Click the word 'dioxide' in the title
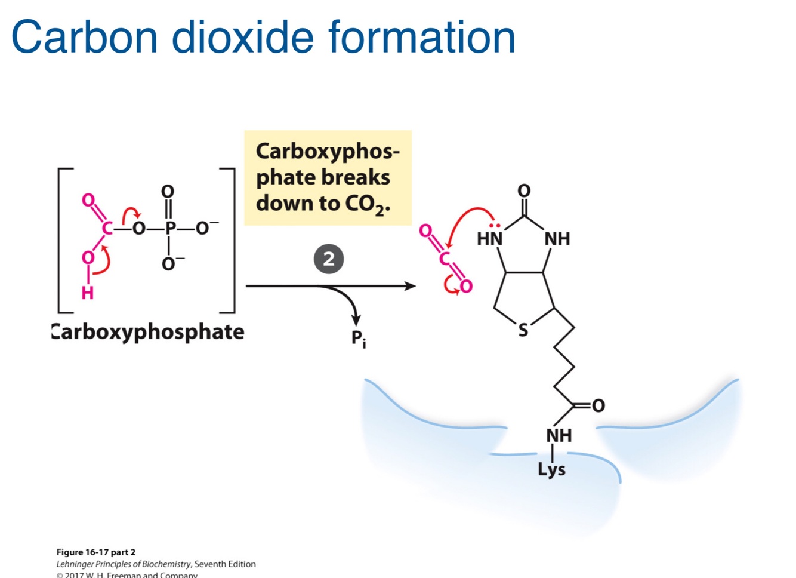coord(242,37)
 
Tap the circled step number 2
coord(329,259)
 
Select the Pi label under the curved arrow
coord(358,339)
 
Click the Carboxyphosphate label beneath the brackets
coord(148,332)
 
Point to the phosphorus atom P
coord(170,228)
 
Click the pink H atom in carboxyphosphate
coord(88,293)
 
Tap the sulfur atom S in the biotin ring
coord(523,330)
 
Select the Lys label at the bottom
coord(551,469)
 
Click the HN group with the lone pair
coord(490,238)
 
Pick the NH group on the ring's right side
coord(557,239)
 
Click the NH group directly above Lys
coord(559,435)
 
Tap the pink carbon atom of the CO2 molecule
coord(445,258)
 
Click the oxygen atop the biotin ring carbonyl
coord(524,190)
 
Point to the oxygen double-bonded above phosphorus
coord(168,191)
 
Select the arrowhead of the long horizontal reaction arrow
coord(410,286)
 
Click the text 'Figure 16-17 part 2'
coord(96,552)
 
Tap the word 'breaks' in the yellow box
coord(356,177)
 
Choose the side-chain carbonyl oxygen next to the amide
coord(598,406)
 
